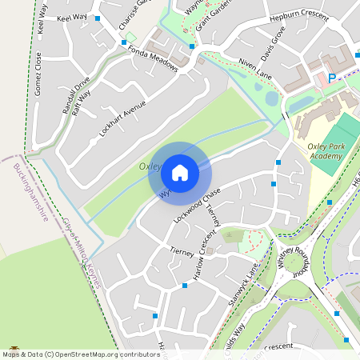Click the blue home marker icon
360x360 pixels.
coord(180,173)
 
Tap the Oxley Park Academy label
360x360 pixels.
coord(325,151)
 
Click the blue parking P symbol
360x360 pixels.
coord(332,78)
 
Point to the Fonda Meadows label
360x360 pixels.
coord(152,58)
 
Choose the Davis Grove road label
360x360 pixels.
coord(274,47)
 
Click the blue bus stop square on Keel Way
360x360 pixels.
coord(98,18)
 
